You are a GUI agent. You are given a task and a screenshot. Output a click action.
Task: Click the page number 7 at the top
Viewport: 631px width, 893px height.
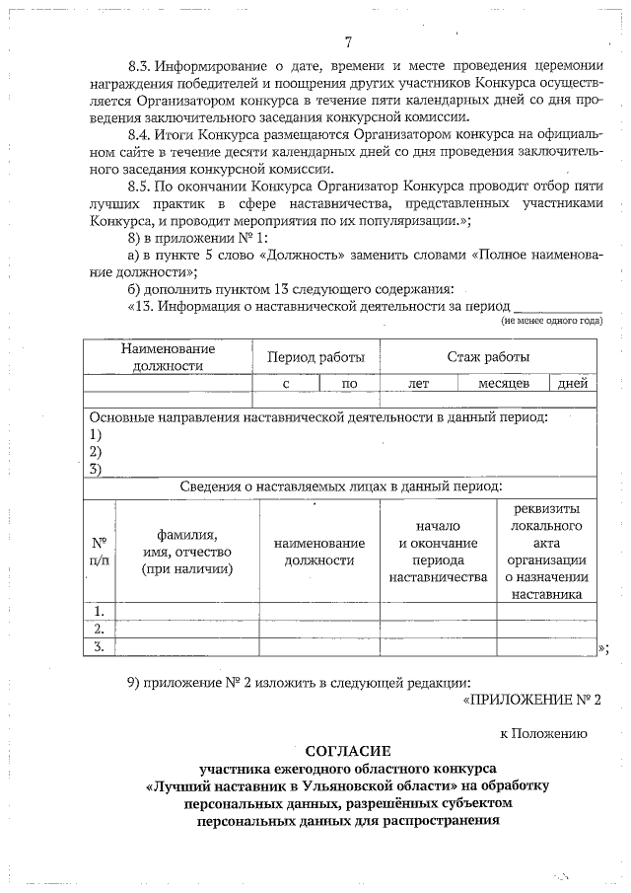(348, 42)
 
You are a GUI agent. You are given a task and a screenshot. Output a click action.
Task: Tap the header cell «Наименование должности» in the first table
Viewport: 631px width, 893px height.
(168, 357)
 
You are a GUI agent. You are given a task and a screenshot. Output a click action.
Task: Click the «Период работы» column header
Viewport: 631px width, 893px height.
(309, 357)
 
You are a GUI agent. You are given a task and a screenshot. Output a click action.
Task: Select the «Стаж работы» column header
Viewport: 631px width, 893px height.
(488, 357)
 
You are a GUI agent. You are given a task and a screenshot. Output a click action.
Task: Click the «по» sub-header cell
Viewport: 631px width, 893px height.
(348, 384)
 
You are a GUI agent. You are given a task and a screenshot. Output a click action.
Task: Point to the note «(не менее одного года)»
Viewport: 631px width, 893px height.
(551, 321)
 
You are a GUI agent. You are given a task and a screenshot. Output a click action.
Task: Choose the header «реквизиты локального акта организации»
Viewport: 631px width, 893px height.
(546, 551)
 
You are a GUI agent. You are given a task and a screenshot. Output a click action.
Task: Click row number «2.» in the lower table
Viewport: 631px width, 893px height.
(99, 629)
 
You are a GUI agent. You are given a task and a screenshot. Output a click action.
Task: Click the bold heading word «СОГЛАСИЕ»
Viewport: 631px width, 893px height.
(348, 750)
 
